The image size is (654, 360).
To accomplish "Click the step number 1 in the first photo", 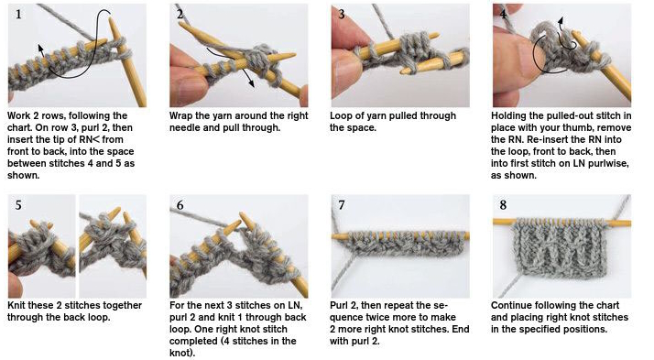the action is pos(18,15).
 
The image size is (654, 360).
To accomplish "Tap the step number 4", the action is pos(503,14).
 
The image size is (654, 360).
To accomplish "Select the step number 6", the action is pos(180,205).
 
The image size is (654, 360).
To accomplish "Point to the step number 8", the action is pos(503,205).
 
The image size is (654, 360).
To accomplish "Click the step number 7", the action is pos(342,205).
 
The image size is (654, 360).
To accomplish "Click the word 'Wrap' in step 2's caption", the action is pos(181,116).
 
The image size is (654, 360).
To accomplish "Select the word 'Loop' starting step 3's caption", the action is pos(341,116).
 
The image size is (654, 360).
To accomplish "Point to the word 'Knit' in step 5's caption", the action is pos(17,305).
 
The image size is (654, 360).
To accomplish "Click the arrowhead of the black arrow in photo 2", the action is pos(252,84).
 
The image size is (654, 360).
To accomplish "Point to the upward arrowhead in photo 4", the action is pos(561,20).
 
